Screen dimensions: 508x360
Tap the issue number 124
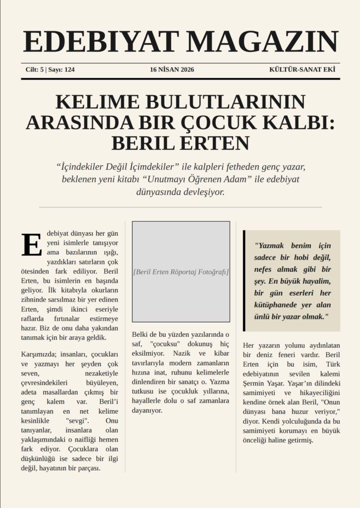(x=69, y=70)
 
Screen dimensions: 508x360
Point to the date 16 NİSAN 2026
(x=172, y=70)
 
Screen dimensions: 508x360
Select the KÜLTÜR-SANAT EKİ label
(x=302, y=70)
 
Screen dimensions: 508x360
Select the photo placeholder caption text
(x=181, y=272)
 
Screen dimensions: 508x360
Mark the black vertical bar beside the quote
(x=244, y=281)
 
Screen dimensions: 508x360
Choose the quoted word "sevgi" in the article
(x=77, y=420)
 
